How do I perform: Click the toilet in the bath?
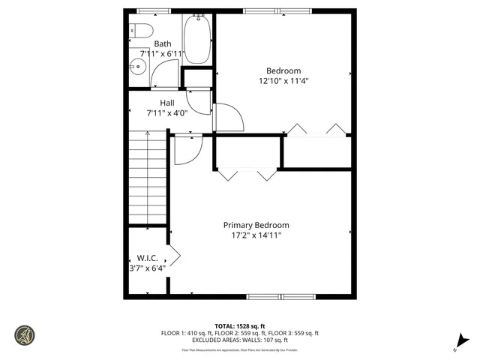click(x=142, y=31)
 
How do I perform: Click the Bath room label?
click(x=163, y=44)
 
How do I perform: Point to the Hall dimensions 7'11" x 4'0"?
click(x=166, y=112)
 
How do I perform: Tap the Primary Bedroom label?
click(x=256, y=225)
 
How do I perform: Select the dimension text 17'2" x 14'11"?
click(x=256, y=235)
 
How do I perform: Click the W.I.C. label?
click(x=147, y=258)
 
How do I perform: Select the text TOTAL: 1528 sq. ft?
click(x=239, y=325)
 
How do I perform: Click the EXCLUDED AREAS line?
click(x=239, y=340)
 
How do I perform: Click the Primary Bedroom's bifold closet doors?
click(x=246, y=175)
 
